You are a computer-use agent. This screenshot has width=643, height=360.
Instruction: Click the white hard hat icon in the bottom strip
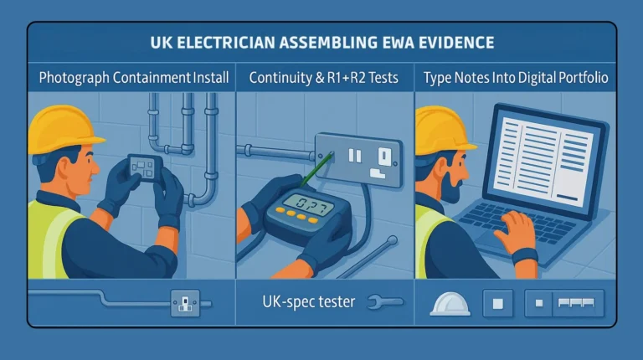tap(450, 303)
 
